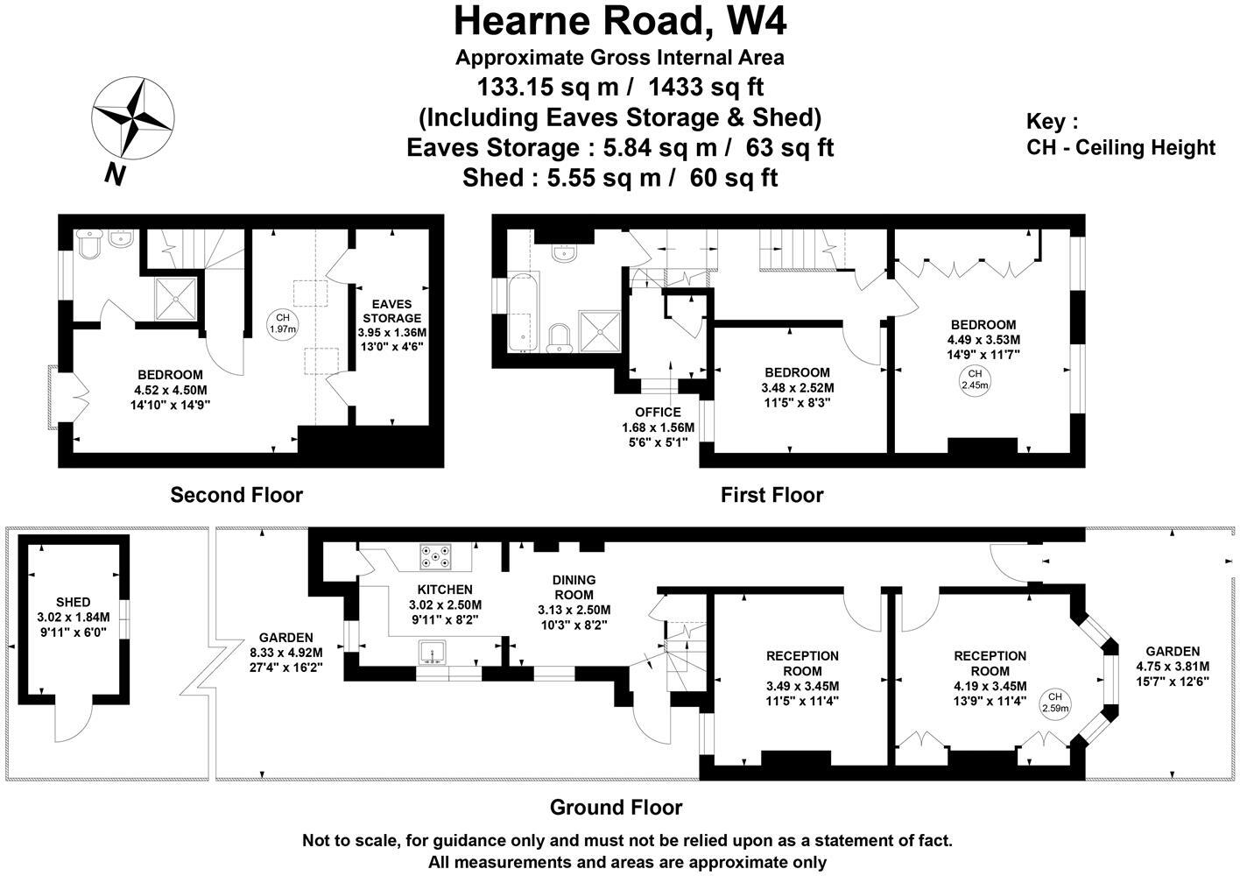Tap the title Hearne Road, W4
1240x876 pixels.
pos(619,21)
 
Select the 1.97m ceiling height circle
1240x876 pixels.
pos(282,323)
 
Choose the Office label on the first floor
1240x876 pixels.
pos(658,412)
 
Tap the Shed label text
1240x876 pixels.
pos(73,602)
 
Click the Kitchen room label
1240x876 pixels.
pos(445,590)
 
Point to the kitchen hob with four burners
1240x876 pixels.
pos(436,555)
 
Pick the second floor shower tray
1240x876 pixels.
pos(176,299)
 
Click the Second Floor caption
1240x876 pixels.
pos(236,495)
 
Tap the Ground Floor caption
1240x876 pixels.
pos(616,807)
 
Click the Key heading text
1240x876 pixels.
pos(1052,122)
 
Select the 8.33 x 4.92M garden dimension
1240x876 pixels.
pos(285,653)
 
